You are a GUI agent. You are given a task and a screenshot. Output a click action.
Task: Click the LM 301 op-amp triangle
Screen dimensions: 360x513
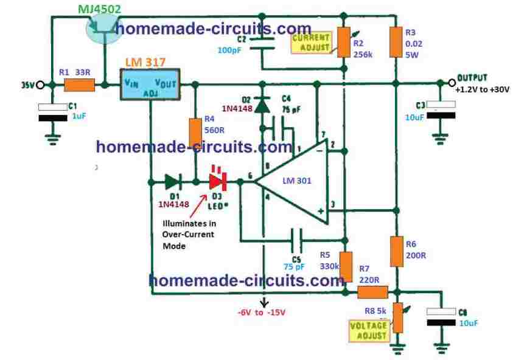click(x=292, y=181)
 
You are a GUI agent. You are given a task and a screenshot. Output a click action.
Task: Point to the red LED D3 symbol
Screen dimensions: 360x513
click(x=217, y=181)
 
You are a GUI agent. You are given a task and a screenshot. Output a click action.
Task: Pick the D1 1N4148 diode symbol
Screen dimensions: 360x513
click(x=172, y=181)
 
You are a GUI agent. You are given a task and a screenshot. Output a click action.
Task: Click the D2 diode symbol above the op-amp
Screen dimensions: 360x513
click(x=262, y=105)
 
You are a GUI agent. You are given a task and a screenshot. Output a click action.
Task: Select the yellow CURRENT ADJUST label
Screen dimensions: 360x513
click(x=311, y=42)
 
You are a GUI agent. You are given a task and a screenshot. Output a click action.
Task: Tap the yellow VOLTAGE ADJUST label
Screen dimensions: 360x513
click(x=368, y=330)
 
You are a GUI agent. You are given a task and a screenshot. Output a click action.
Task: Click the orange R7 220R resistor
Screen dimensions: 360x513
click(x=368, y=292)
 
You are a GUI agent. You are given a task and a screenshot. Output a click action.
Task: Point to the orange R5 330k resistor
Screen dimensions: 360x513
click(x=346, y=266)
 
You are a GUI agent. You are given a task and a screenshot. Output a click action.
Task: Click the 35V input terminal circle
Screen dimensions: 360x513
click(x=40, y=85)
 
